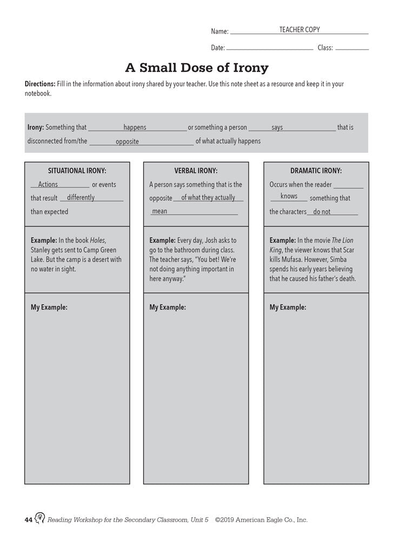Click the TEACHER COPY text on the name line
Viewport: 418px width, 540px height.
[299, 30]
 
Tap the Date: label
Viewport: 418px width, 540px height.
[218, 48]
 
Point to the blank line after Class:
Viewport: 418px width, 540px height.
[352, 49]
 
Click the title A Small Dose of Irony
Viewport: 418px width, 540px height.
[197, 68]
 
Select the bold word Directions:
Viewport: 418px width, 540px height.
[40, 84]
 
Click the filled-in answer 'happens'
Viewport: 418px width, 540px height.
[135, 127]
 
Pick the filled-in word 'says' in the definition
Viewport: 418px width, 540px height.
[277, 127]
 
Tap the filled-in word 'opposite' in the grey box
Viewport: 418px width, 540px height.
[127, 141]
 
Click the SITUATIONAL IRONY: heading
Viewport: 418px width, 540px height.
[77, 171]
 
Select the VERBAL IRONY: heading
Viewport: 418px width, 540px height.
[196, 171]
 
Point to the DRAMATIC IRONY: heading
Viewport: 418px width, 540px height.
[316, 171]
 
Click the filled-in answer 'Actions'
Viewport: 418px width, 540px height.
[48, 184]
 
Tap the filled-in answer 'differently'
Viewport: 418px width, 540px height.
[81, 198]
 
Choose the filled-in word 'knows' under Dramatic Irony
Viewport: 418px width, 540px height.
[289, 197]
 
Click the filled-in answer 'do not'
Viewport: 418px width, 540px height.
[322, 212]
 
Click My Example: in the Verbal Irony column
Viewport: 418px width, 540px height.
[168, 307]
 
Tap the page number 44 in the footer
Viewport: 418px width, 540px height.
[29, 520]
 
